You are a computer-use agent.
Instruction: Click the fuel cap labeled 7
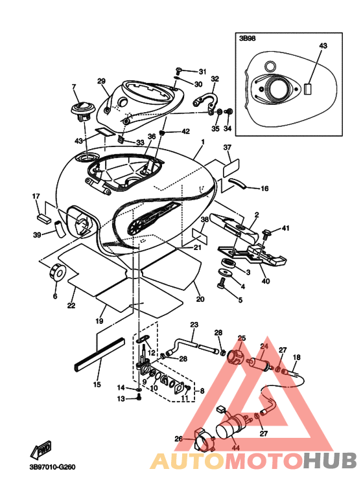click(82, 111)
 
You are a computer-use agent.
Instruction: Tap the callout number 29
click(101, 81)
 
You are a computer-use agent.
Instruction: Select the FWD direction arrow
click(41, 450)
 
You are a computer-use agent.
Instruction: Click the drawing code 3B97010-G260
click(53, 467)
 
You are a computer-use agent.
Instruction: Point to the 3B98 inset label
click(248, 38)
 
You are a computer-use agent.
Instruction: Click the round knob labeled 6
click(58, 273)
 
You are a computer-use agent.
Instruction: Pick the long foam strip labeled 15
click(99, 354)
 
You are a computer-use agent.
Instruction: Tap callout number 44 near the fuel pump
click(235, 448)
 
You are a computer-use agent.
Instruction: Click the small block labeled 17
click(43, 218)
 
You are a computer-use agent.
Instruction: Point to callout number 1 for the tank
click(202, 141)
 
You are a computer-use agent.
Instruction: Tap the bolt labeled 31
click(179, 70)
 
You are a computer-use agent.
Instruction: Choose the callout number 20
click(200, 299)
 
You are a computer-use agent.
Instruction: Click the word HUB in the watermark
click(330, 461)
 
